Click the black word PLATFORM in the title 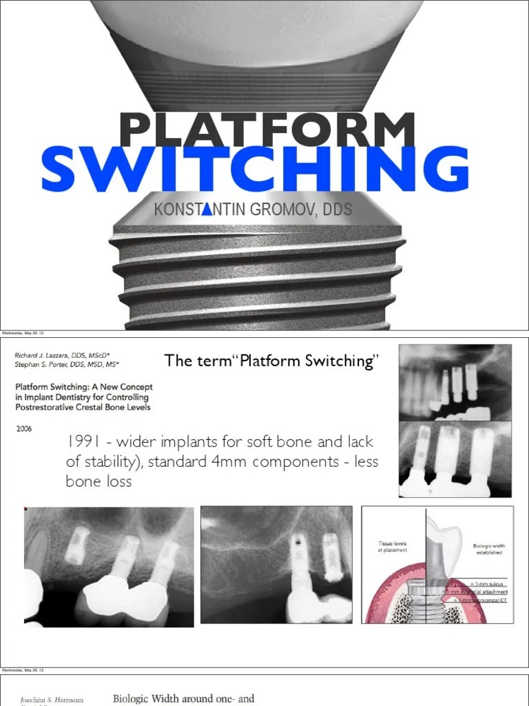click(x=267, y=131)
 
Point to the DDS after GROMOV click(x=338, y=210)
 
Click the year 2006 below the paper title click(x=24, y=427)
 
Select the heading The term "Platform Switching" click(x=272, y=361)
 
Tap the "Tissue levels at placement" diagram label click(x=392, y=546)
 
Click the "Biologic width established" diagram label click(x=488, y=549)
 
